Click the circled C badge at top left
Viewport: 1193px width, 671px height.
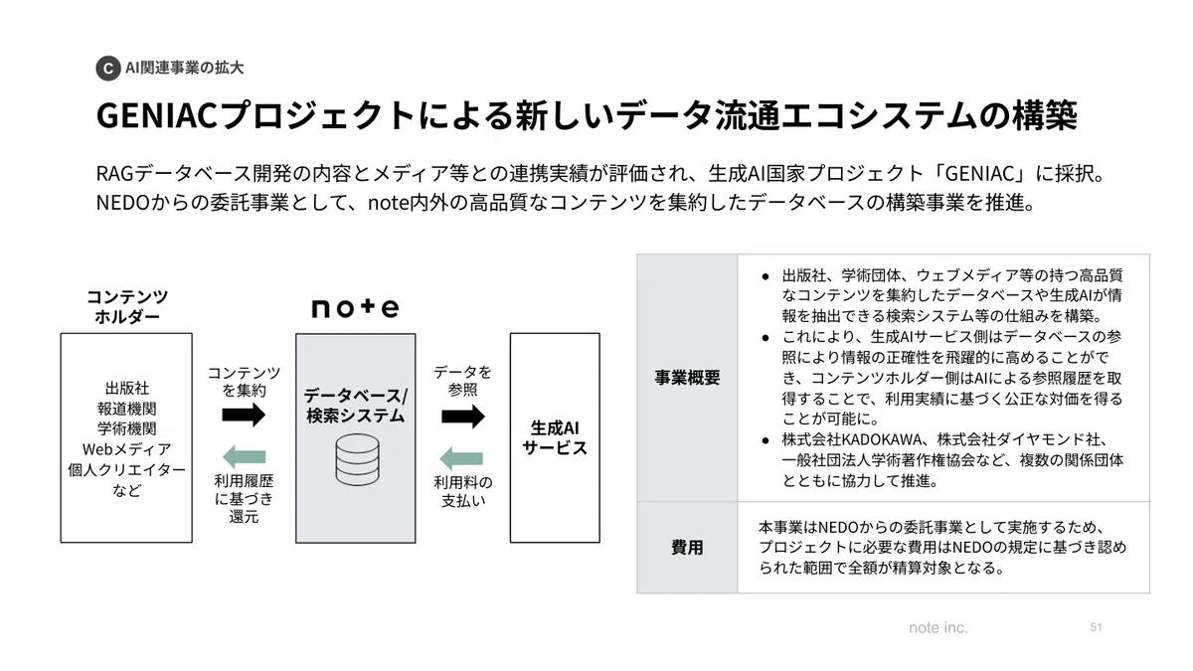click(108, 69)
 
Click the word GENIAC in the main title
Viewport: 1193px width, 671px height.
click(157, 115)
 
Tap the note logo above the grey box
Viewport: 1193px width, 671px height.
click(355, 307)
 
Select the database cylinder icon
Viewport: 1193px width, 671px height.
click(357, 459)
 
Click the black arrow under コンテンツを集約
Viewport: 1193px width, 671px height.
click(244, 415)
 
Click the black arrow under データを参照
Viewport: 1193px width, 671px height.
click(463, 416)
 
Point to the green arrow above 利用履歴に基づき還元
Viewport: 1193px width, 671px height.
click(244, 456)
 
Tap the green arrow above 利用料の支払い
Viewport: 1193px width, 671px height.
click(461, 458)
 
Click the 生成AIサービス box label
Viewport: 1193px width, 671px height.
click(555, 437)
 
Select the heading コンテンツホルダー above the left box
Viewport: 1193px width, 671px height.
click(127, 306)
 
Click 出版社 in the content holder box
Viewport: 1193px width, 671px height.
click(127, 388)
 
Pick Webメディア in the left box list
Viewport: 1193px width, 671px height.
click(127, 449)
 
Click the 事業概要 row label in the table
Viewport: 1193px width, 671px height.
click(687, 378)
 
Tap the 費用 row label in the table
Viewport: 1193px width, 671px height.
click(687, 547)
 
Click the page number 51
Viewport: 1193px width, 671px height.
click(1096, 627)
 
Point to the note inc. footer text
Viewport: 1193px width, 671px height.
click(937, 628)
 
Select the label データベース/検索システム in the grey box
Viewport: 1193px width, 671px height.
click(355, 406)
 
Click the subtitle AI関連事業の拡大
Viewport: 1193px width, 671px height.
click(184, 68)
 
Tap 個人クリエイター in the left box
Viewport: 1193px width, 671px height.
click(127, 469)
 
